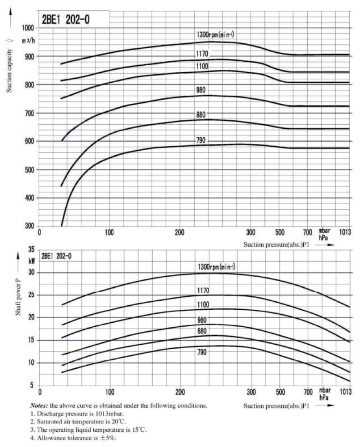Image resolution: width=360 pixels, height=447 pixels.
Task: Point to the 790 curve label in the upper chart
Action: (201, 140)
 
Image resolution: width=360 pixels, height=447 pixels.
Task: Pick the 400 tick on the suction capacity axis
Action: (30, 198)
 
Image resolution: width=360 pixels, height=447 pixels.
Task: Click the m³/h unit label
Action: (29, 41)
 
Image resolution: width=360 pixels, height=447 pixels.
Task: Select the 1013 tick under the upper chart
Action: (345, 232)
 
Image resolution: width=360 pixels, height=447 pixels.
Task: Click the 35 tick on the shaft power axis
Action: (31, 249)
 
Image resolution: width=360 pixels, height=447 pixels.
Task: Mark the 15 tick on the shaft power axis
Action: (31, 340)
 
